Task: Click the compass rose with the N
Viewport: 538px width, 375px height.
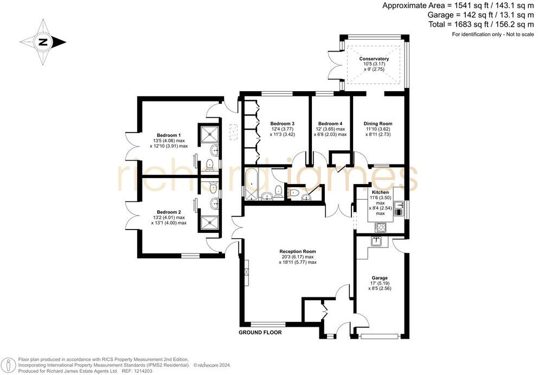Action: click(43, 42)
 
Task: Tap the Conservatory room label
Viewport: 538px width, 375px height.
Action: click(374, 59)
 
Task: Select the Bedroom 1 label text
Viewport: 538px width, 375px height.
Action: click(169, 135)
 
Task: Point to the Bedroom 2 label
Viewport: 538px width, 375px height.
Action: click(169, 212)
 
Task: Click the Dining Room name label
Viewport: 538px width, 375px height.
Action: click(377, 123)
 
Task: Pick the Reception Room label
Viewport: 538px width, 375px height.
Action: click(297, 251)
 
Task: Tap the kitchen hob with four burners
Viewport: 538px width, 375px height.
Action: click(381, 227)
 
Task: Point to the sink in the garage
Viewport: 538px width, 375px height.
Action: click(377, 240)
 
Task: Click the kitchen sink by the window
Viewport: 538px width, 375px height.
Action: click(399, 205)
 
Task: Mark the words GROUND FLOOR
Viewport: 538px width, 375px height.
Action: click(260, 332)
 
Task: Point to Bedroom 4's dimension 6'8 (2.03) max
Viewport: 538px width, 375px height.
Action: click(331, 135)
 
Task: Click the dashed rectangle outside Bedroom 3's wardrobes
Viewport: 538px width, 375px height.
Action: click(234, 131)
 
